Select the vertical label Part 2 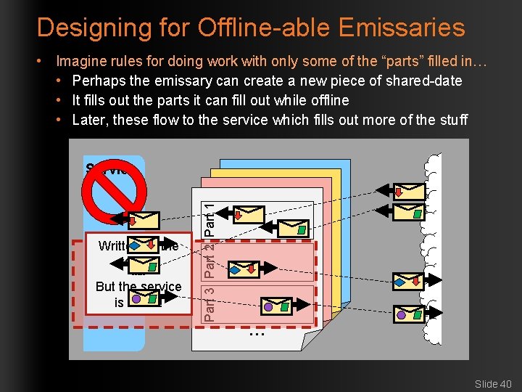[x=210, y=261]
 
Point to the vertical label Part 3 [x=210, y=303]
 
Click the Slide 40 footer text [x=493, y=383]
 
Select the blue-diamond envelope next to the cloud [x=407, y=280]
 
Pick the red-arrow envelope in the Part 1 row [x=246, y=213]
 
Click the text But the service [x=138, y=287]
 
